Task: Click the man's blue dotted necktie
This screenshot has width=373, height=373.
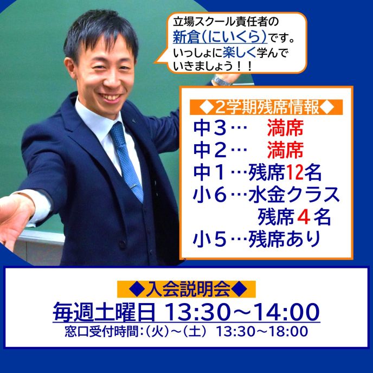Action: click(x=126, y=162)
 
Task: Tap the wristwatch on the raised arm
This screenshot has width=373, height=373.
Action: click(x=222, y=80)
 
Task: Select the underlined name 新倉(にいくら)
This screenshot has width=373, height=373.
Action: click(x=220, y=37)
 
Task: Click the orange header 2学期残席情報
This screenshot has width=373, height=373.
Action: click(x=266, y=107)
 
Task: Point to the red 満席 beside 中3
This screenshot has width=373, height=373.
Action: click(x=285, y=128)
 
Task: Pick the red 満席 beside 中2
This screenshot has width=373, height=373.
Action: click(x=285, y=150)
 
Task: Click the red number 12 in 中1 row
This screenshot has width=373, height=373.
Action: click(x=294, y=172)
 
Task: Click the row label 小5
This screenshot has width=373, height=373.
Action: click(x=209, y=239)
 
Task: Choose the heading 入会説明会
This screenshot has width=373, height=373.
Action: click(x=186, y=289)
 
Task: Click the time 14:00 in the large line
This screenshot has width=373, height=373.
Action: click(x=288, y=312)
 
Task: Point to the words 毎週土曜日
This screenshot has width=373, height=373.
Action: click(x=104, y=312)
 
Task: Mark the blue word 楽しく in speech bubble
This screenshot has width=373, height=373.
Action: click(x=239, y=53)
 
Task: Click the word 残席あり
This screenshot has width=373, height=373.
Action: click(x=284, y=239)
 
